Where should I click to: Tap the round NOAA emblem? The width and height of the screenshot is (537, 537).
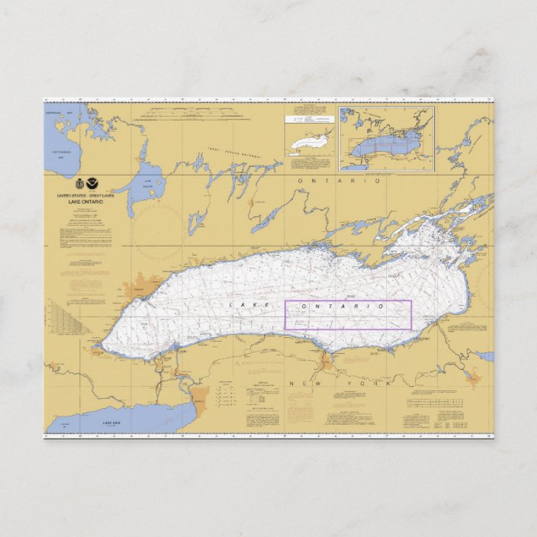(x=92, y=184)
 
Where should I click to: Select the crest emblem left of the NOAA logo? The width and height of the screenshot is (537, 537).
(x=79, y=184)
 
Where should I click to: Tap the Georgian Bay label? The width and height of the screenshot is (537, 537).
(x=53, y=114)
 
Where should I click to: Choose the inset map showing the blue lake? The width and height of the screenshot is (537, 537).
(x=387, y=139)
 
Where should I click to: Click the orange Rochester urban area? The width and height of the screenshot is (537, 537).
(x=326, y=360)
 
